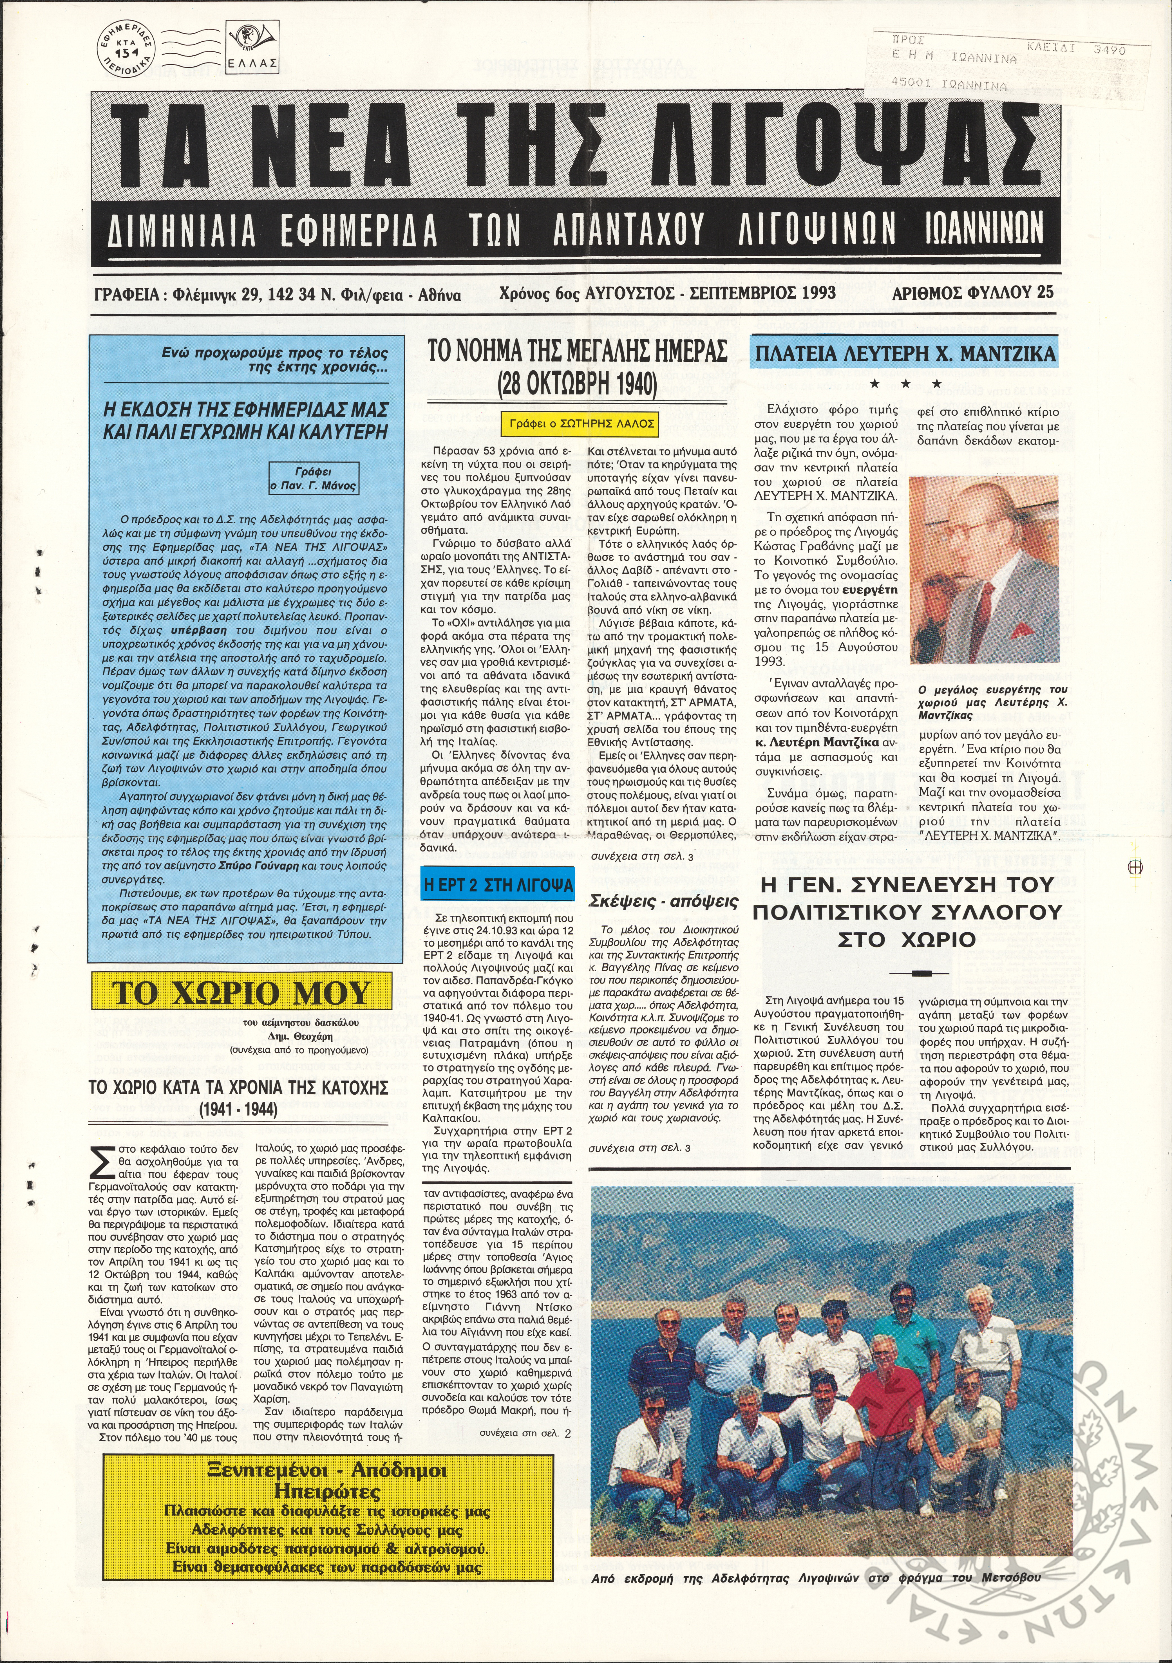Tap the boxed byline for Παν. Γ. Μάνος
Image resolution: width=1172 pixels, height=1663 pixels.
(x=314, y=478)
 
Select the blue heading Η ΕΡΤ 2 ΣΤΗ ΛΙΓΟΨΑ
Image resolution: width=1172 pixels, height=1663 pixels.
(x=498, y=885)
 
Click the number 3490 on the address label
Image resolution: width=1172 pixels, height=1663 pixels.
(x=1110, y=51)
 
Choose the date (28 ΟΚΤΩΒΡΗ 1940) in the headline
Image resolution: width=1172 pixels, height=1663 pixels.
(x=577, y=382)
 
